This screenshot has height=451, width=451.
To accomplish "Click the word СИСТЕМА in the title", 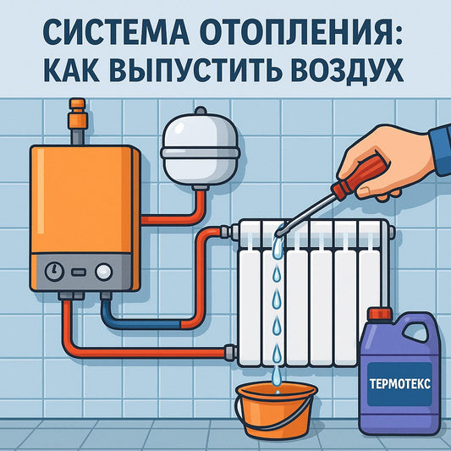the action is [116, 32].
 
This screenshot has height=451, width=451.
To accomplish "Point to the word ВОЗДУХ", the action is [347, 71].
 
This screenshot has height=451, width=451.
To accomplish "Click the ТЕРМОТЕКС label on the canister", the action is [399, 383].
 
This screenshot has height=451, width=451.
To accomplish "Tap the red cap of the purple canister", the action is [380, 314].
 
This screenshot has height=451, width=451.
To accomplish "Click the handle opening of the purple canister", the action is [416, 334].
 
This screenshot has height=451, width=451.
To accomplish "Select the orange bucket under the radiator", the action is [276, 408].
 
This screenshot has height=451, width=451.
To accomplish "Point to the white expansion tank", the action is [201, 149].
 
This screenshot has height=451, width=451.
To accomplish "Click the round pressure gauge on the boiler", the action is [54, 272].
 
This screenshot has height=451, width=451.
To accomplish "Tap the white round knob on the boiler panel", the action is [103, 272].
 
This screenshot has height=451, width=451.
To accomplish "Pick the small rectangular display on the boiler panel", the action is [79, 272].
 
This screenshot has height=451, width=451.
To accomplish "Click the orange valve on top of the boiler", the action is [78, 113].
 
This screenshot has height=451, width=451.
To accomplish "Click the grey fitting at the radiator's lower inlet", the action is [231, 351].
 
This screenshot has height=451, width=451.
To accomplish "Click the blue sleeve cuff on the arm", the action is [440, 151].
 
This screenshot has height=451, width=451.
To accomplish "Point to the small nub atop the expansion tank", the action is [201, 111].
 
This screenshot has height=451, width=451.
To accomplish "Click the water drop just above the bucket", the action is [277, 375].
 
